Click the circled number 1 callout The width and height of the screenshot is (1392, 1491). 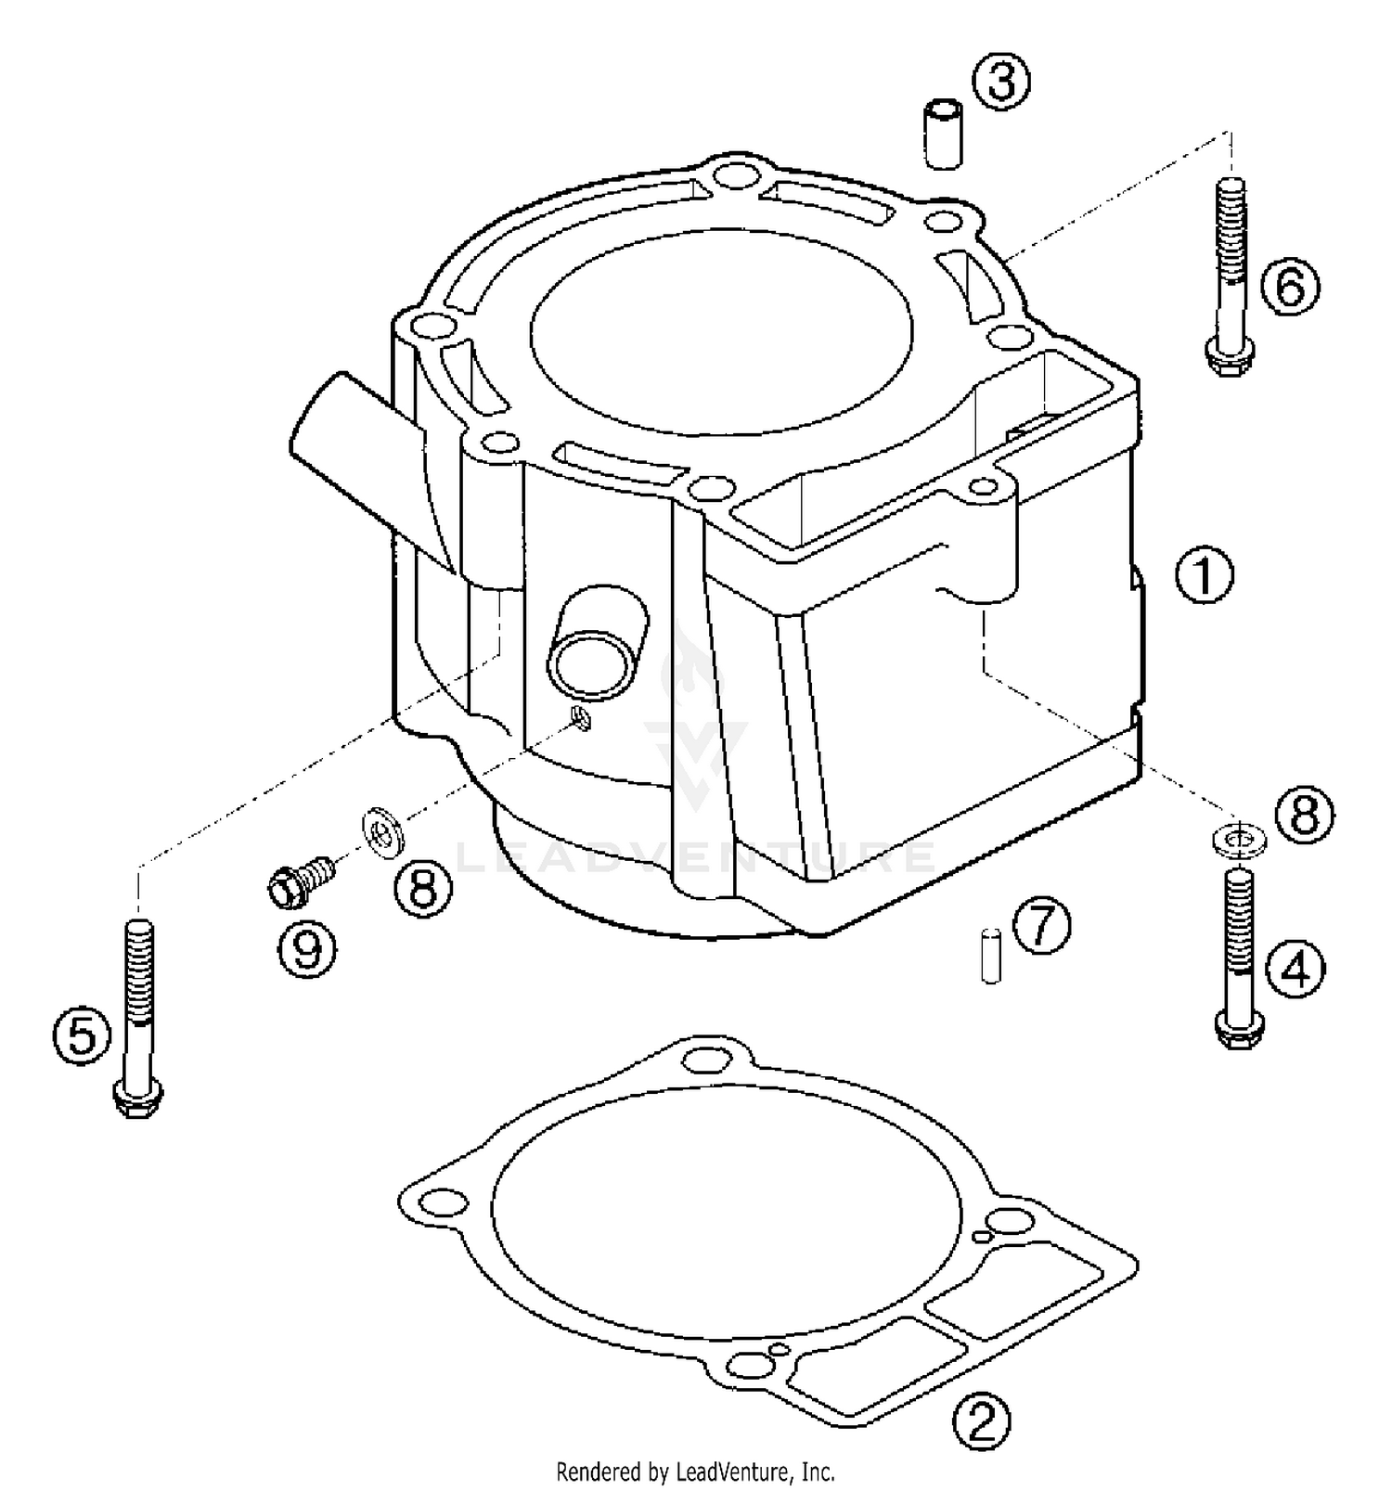(1204, 576)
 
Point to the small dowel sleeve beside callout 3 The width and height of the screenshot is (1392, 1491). (943, 136)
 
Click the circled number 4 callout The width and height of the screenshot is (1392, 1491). (1295, 970)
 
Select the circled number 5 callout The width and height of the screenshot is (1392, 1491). (82, 1035)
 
